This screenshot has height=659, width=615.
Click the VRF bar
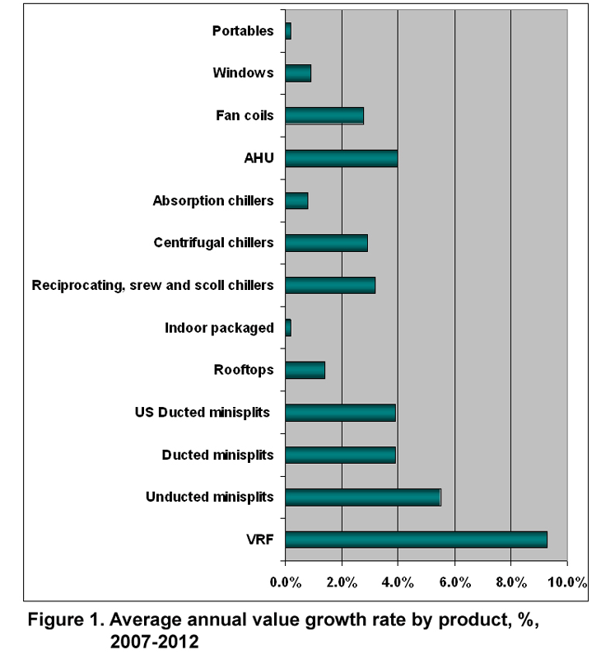(x=416, y=540)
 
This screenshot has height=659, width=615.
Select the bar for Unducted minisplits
(x=362, y=497)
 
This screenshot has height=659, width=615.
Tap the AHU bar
(x=341, y=157)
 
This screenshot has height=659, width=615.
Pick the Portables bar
(x=288, y=31)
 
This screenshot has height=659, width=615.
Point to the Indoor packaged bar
(x=288, y=328)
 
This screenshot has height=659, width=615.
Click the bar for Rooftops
(x=305, y=370)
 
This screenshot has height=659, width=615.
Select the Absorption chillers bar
(x=296, y=200)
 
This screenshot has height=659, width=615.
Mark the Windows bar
(x=298, y=73)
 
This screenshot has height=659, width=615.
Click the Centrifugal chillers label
(x=213, y=243)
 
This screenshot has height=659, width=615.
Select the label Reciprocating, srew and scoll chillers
(x=152, y=285)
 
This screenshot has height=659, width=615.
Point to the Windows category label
(x=243, y=73)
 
